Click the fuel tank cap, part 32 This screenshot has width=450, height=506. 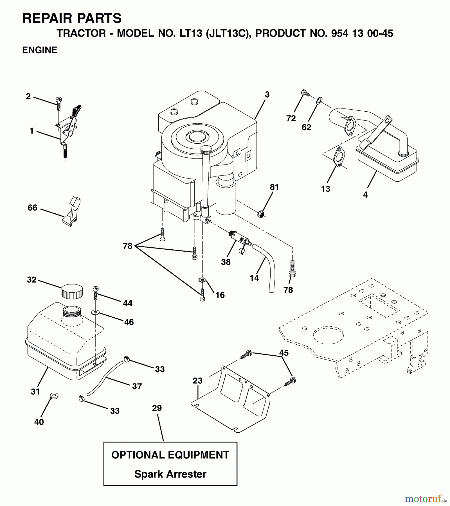pyautogui.click(x=72, y=291)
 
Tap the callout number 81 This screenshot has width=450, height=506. pyautogui.click(x=274, y=187)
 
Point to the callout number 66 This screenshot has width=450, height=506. pyautogui.click(x=33, y=207)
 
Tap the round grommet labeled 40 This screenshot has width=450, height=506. pyautogui.click(x=54, y=396)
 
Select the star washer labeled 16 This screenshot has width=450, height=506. pyautogui.click(x=202, y=280)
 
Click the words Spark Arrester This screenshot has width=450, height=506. pyautogui.click(x=170, y=474)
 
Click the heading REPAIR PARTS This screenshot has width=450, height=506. pyautogui.click(x=72, y=19)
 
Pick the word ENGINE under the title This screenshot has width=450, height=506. pyautogui.click(x=40, y=50)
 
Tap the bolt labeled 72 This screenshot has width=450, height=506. pyautogui.click(x=305, y=93)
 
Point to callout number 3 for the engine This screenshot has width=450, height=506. pyautogui.click(x=267, y=94)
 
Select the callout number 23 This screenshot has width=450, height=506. pyautogui.click(x=198, y=381)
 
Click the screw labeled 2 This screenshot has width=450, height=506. pyautogui.click(x=59, y=103)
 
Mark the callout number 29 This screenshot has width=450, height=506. pyautogui.click(x=157, y=408)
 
